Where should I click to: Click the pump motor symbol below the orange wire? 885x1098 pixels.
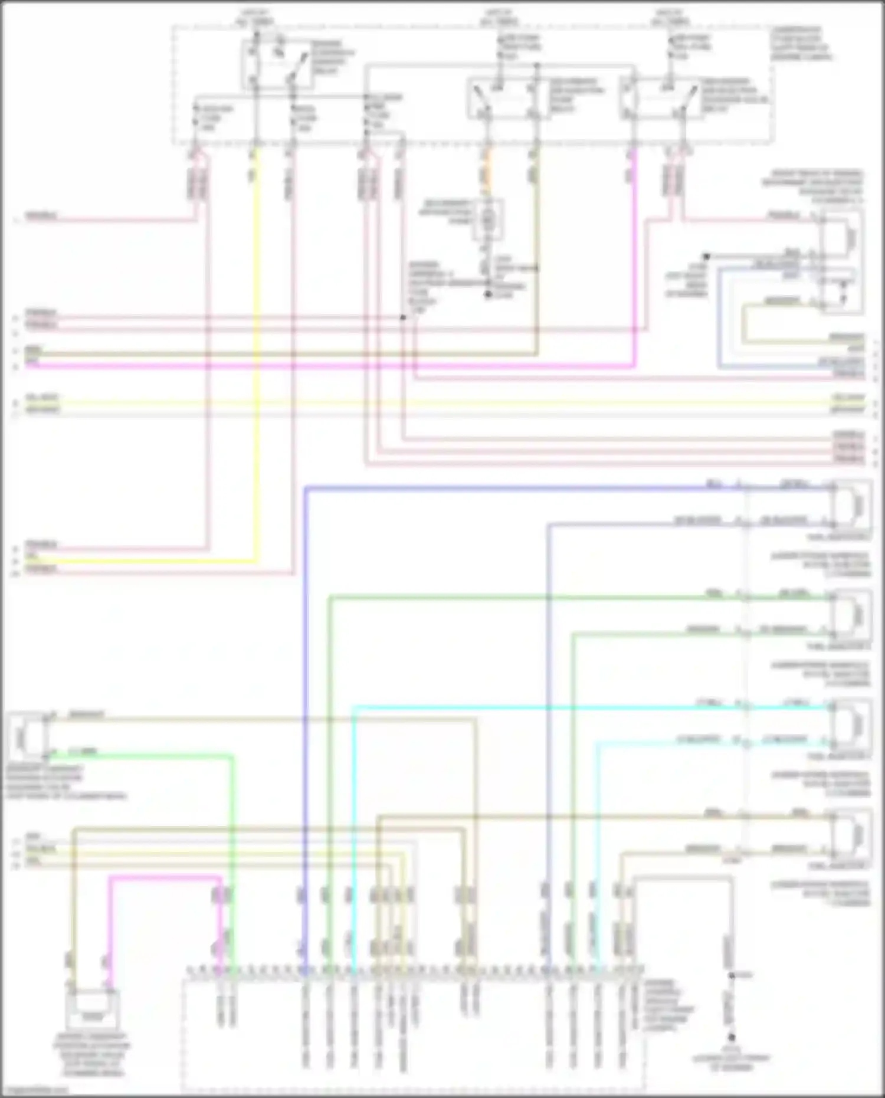pos(487,219)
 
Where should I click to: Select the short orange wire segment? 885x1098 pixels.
pos(487,171)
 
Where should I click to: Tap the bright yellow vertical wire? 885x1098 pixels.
pos(257,354)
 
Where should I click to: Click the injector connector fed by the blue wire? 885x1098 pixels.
pos(850,505)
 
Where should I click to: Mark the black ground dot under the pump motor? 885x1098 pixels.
pos(488,294)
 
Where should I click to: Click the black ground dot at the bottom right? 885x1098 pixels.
pos(731,1037)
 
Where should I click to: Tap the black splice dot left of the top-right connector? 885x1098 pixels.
pos(706,257)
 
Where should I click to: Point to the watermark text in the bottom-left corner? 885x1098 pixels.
pos(35,1089)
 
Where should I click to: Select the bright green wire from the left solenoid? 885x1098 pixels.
pos(231,826)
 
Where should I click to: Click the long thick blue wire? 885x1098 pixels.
pos(306,708)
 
